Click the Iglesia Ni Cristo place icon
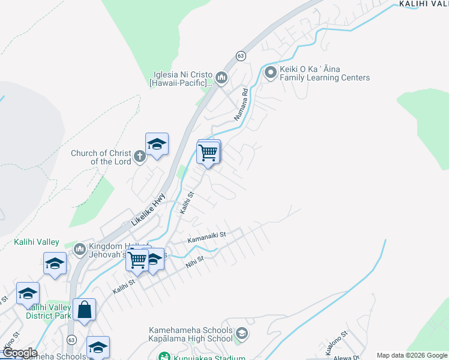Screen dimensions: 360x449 pos(221,77)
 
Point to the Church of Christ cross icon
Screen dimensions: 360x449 pos(139,157)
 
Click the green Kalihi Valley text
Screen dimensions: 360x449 pos(37,242)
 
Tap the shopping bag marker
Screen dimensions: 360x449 pos(85,310)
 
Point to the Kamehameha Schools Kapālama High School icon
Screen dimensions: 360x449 pos(241,334)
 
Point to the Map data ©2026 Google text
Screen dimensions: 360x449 pos(412,356)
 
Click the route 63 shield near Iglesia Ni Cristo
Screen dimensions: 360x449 pos(241,55)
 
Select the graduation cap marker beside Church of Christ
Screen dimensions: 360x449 pos(157,144)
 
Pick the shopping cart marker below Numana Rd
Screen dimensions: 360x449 pos(208,152)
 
